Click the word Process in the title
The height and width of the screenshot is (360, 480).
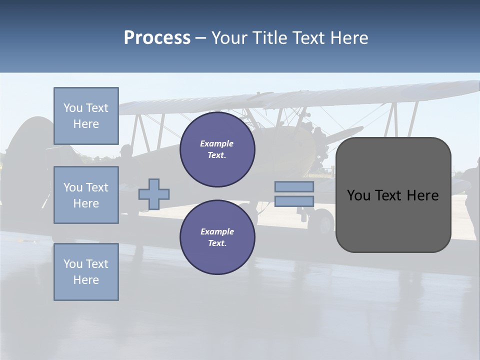tap(157, 38)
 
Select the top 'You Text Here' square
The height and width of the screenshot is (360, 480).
tap(86, 116)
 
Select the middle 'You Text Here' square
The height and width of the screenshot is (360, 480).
tap(86, 195)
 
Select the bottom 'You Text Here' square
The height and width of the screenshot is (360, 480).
tap(86, 272)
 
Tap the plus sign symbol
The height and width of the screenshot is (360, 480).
tap(154, 194)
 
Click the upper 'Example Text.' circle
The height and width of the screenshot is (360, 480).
tap(217, 149)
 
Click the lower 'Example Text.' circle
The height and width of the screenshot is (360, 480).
tap(217, 237)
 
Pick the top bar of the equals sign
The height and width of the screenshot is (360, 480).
tap(294, 186)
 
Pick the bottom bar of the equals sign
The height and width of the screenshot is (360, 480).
tap(294, 201)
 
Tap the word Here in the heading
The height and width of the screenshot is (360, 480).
tap(348, 38)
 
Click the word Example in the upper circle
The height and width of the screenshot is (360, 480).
tap(217, 143)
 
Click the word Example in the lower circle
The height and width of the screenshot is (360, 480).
tap(217, 231)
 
